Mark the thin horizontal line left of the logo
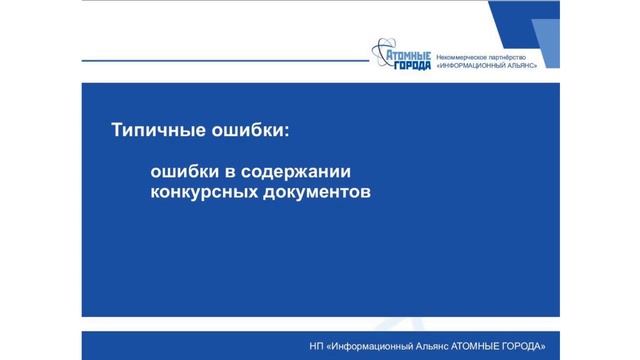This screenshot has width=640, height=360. point(220,61)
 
